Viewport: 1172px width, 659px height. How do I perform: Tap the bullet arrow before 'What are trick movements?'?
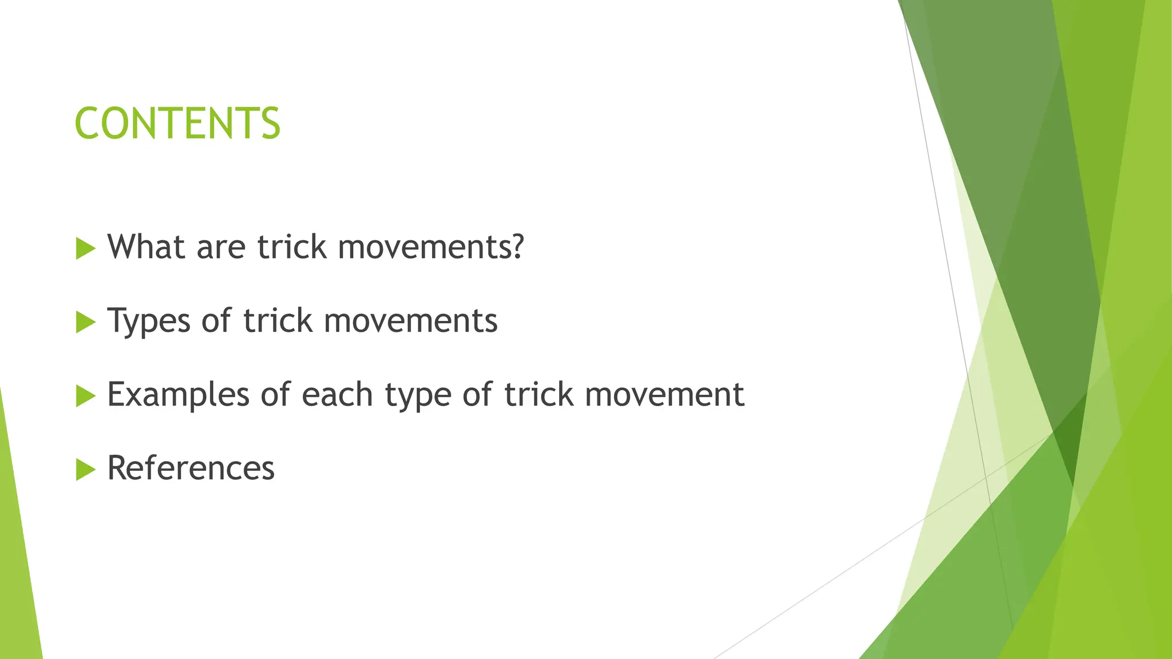point(85,248)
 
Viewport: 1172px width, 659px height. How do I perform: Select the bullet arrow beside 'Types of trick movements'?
point(85,322)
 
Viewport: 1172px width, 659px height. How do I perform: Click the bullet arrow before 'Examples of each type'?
point(85,396)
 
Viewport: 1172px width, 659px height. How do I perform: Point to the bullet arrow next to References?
point(85,470)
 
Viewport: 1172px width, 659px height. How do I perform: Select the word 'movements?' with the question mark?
point(431,247)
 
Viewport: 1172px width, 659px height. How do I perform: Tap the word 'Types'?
point(149,321)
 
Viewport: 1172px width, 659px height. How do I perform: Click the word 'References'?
point(191,468)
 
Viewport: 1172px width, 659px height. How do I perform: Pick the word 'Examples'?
point(179,395)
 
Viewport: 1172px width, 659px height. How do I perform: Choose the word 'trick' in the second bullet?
point(278,321)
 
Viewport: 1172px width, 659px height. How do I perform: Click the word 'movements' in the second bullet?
point(411,321)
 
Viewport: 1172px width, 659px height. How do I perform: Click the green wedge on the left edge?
point(17,561)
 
